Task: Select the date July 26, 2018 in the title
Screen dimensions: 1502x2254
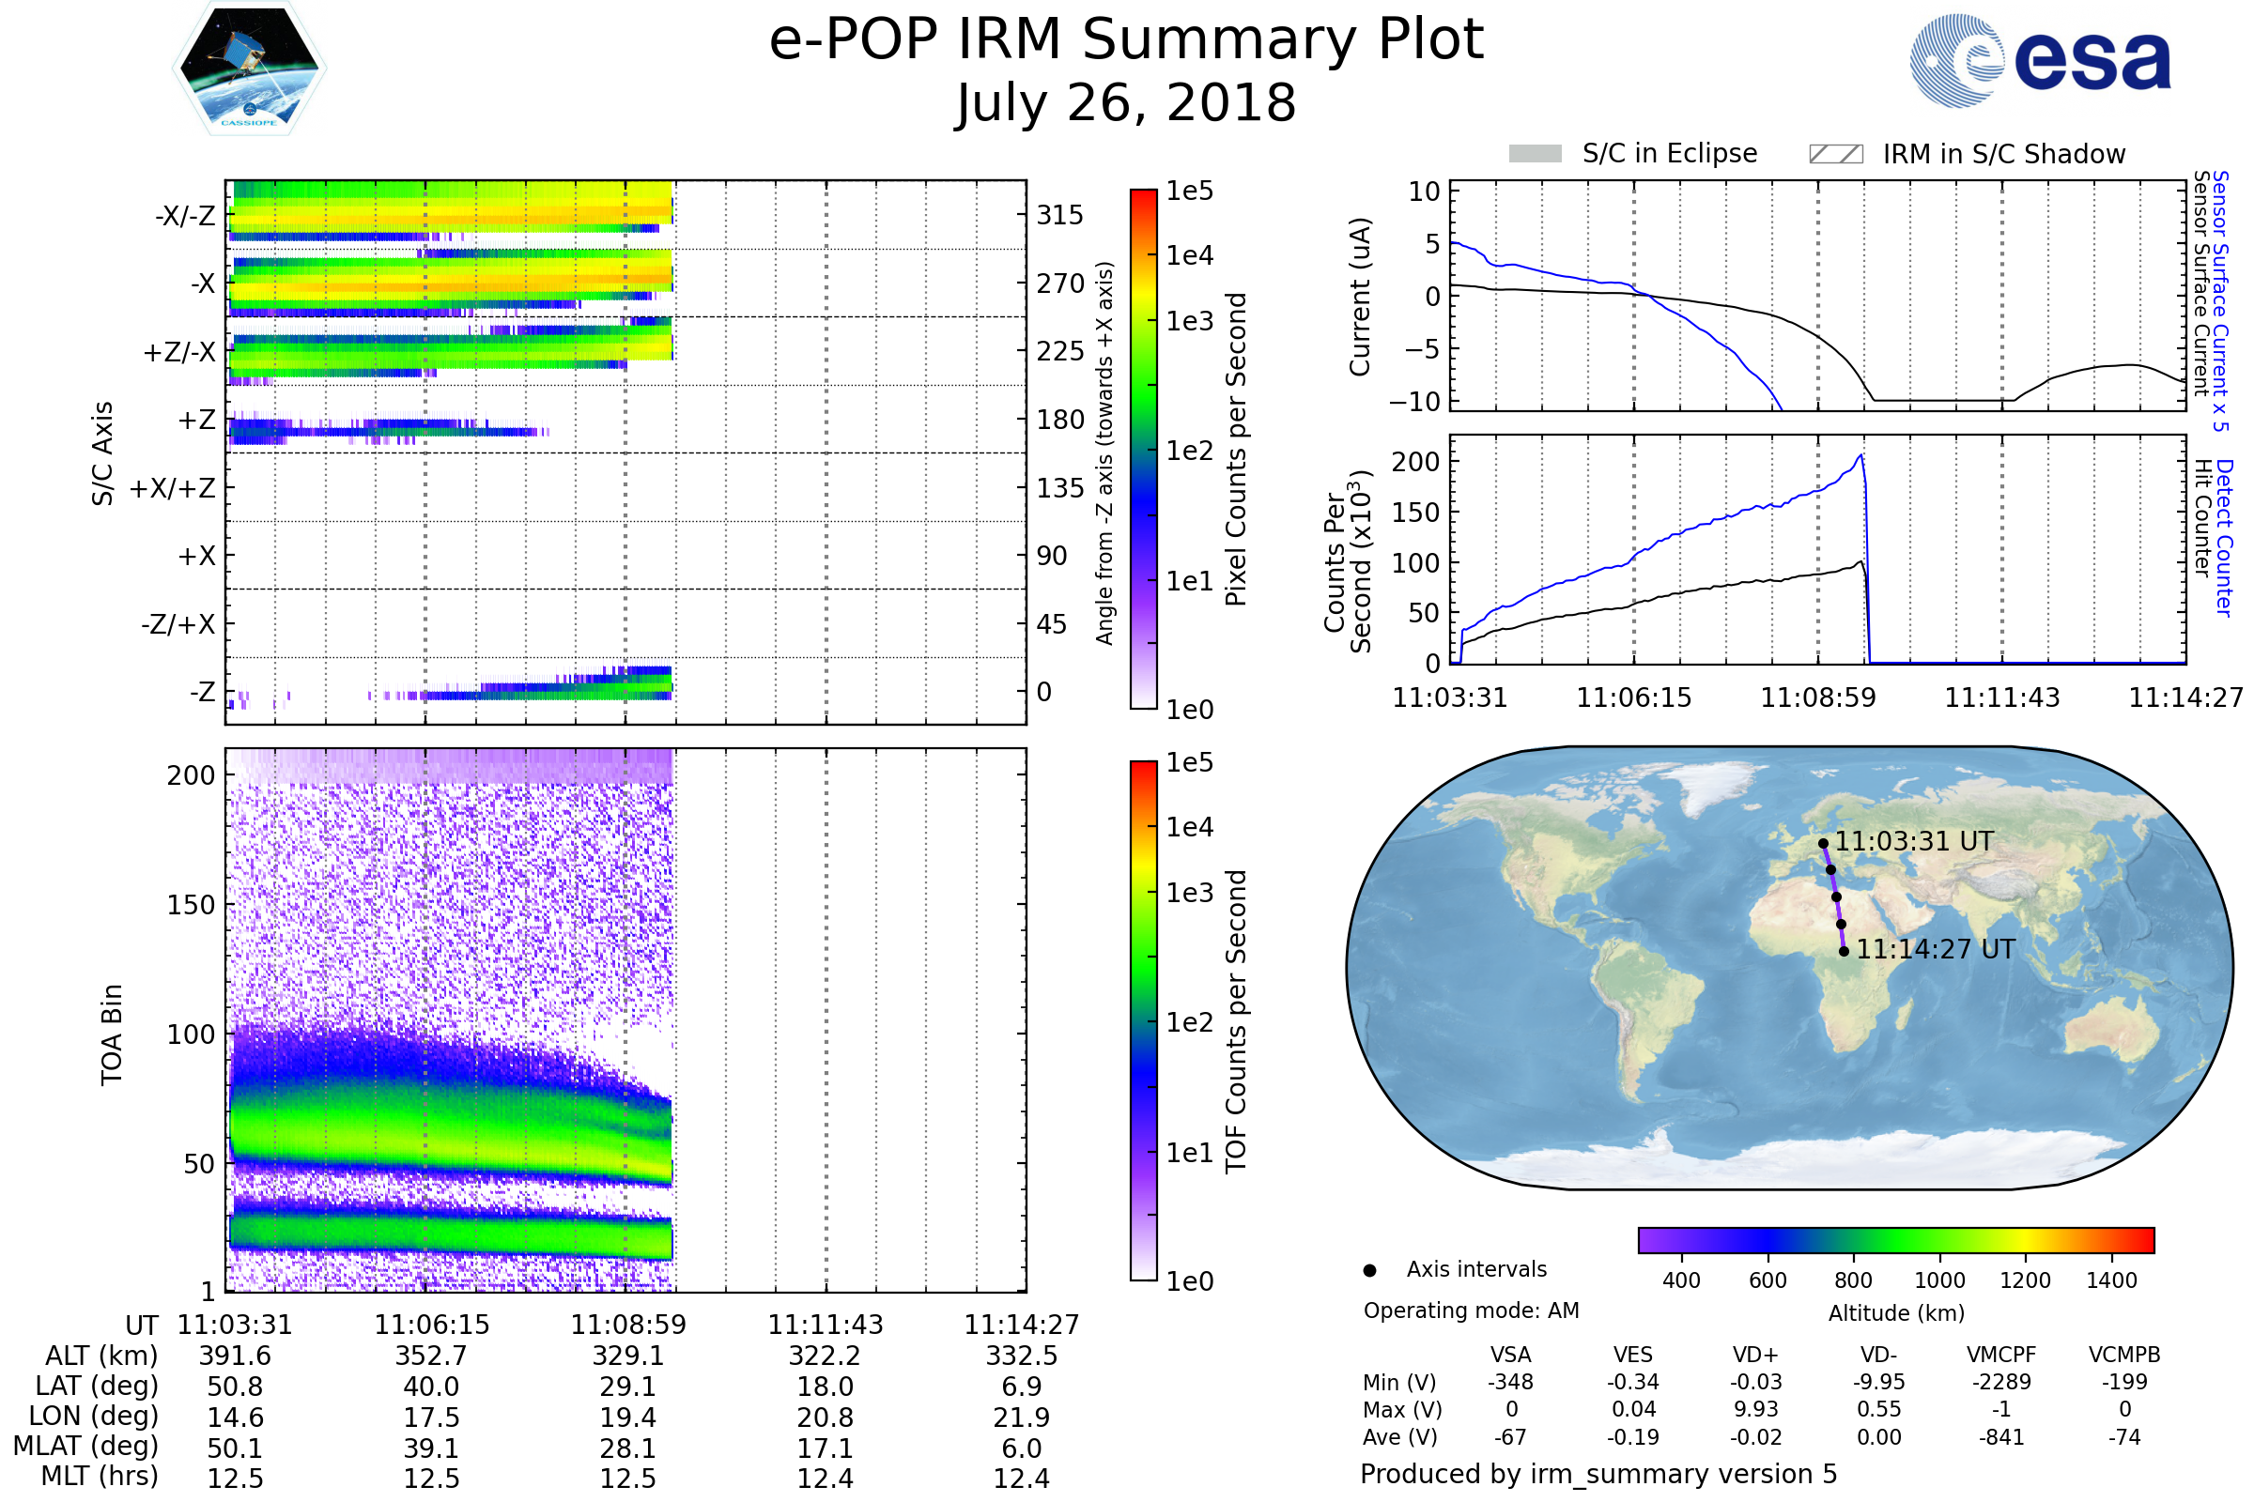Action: point(1126,102)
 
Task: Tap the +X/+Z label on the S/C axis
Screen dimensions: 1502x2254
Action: point(173,488)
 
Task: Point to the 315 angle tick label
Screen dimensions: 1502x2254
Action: point(1060,215)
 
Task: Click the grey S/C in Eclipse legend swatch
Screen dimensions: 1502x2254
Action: point(1535,154)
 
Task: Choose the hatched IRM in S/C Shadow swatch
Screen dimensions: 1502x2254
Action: point(1835,154)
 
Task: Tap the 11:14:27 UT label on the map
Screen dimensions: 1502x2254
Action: point(1936,949)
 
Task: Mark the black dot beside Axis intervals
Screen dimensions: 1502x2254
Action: point(1369,1270)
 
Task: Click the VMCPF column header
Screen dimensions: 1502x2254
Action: point(2001,1355)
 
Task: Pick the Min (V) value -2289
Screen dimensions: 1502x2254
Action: point(2001,1382)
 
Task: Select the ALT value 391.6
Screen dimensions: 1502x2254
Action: point(235,1356)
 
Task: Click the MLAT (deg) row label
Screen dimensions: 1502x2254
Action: point(85,1448)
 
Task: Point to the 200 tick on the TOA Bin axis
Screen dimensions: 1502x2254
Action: point(191,775)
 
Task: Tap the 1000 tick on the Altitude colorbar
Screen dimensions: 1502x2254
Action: point(1938,1280)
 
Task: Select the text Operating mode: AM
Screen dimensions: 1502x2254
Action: point(1471,1310)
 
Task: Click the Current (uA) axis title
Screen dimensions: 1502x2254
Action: point(1360,297)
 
